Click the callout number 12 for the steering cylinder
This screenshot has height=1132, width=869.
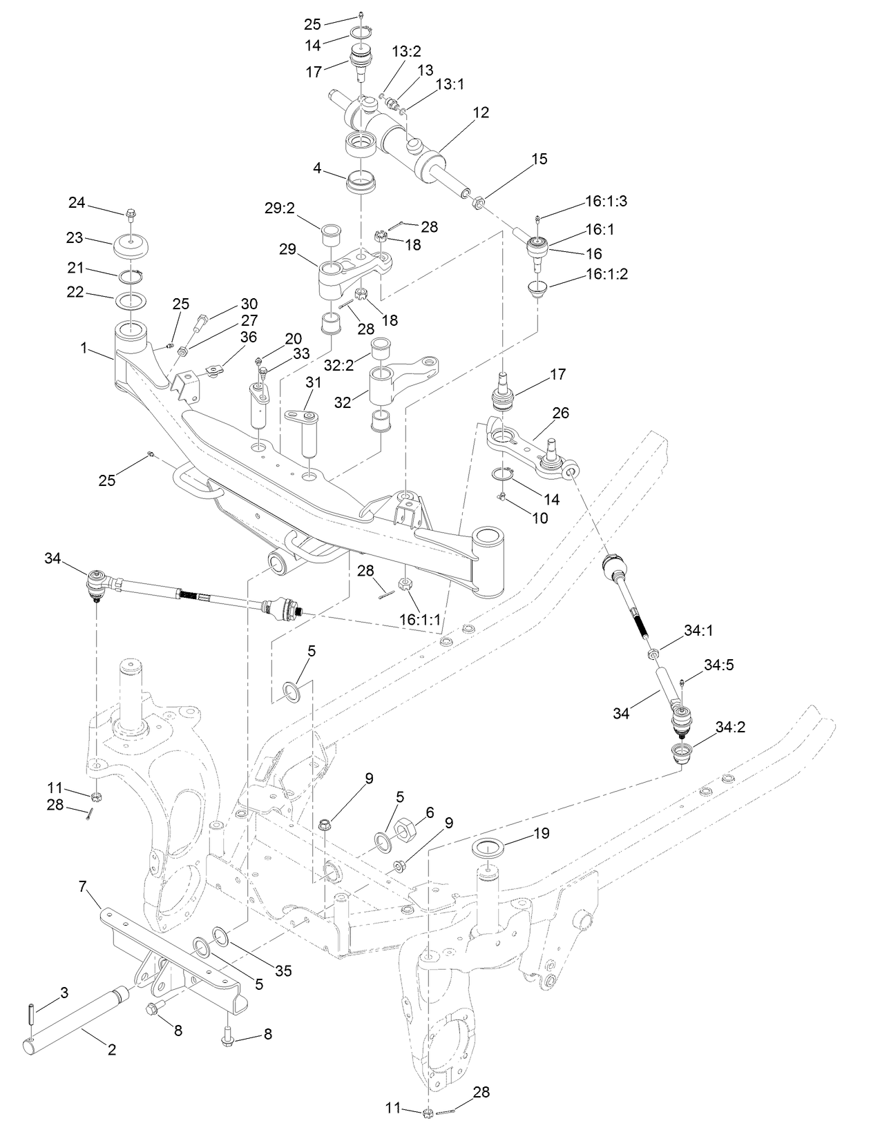coord(481,113)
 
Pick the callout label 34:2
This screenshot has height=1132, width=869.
coord(730,727)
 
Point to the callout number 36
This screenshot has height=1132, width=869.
coord(249,337)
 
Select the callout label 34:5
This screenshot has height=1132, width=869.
coord(719,665)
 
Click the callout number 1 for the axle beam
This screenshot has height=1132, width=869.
coord(84,348)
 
